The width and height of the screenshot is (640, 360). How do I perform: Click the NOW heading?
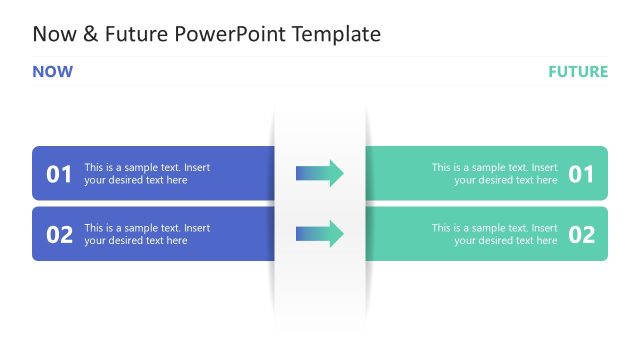(52, 71)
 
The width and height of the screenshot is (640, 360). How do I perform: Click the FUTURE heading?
(577, 71)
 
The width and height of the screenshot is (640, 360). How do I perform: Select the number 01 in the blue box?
(60, 174)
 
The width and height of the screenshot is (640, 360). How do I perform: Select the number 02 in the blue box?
(60, 235)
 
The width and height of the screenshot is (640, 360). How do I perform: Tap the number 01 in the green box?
(581, 174)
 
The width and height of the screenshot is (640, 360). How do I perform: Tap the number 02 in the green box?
(581, 235)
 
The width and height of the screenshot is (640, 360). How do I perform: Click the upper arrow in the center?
(319, 173)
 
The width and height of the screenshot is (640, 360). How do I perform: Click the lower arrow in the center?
(319, 234)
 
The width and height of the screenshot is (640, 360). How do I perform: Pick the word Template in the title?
(339, 34)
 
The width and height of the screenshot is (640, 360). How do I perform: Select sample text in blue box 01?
(147, 174)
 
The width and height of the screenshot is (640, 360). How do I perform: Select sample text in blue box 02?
(147, 234)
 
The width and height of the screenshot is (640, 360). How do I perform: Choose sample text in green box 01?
(494, 174)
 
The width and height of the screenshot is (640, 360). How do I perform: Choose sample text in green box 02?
(494, 234)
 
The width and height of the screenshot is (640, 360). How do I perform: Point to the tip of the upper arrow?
(342, 173)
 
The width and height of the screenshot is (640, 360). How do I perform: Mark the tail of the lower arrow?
(298, 234)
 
